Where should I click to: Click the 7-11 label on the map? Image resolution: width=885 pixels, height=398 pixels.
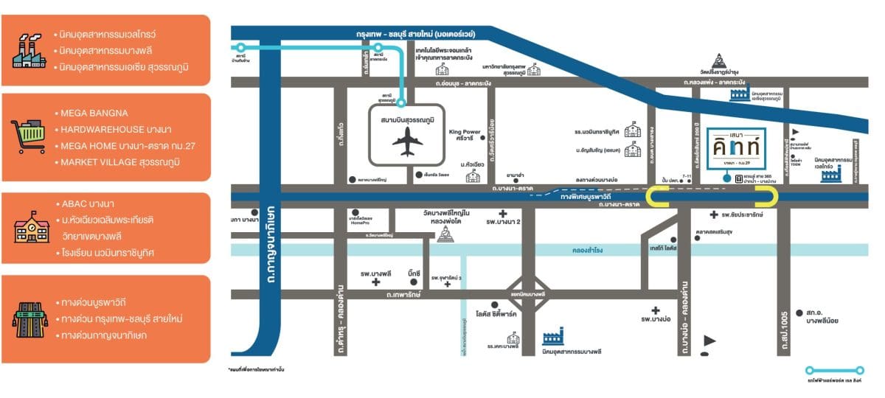point(687,177)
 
